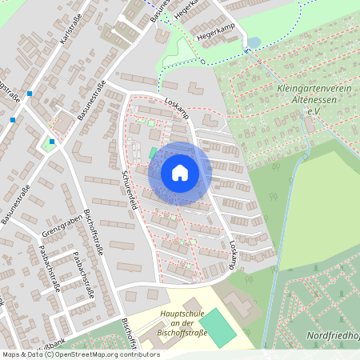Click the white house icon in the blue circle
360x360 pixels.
point(179,173)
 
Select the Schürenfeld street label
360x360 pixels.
point(128,189)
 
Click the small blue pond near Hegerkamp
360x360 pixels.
point(254,42)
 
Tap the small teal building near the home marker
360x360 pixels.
point(153,153)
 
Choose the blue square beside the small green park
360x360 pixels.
point(51,142)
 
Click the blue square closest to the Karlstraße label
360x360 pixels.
point(29,94)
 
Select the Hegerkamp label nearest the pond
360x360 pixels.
point(210,35)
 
